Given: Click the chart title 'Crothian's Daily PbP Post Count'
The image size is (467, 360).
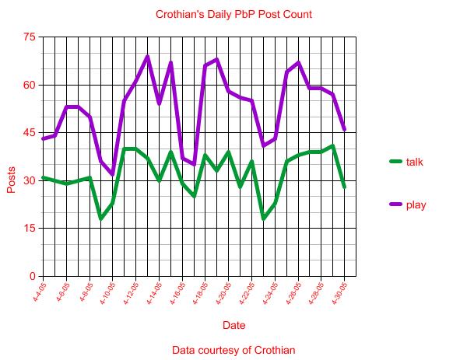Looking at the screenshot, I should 233,14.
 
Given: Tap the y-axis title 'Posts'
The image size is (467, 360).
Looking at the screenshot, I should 11,180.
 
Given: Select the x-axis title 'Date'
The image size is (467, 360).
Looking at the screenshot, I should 233,325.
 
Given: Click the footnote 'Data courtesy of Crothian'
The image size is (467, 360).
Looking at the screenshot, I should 233,350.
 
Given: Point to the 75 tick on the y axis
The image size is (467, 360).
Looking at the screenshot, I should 30,37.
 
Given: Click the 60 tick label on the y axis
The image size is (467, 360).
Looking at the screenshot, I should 30,85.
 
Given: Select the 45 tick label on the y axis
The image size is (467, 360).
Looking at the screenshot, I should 30,133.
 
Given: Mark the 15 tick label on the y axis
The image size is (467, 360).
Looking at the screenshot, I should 30,229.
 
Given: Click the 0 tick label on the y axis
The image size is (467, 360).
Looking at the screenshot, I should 32,276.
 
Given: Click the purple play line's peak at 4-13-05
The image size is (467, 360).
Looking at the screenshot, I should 147,56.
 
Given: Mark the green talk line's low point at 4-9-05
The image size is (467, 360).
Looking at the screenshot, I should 100,218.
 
